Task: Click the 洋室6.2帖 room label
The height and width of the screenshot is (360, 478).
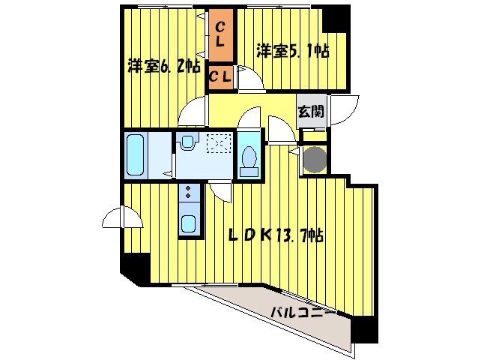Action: point(163,66)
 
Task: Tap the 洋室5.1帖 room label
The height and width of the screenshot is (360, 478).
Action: point(293,51)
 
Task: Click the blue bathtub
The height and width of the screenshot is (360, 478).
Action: point(136,154)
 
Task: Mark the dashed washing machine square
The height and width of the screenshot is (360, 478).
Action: point(218,142)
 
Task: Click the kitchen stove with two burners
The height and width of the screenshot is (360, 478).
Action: point(188,194)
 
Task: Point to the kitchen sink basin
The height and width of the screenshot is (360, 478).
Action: point(189,223)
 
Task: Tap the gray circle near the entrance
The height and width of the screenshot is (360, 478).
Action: point(314,160)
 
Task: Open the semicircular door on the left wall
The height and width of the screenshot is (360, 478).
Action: point(121,218)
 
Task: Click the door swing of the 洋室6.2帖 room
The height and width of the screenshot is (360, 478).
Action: point(193,112)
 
